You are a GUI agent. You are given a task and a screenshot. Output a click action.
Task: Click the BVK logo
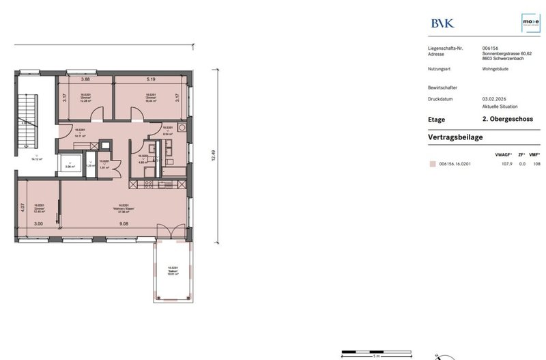[442, 23]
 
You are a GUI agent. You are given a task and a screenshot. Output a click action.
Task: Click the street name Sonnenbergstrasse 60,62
[506, 54]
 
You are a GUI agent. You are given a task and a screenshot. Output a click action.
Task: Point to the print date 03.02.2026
[492, 99]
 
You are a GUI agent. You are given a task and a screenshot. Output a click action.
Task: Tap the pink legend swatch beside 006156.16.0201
[431, 164]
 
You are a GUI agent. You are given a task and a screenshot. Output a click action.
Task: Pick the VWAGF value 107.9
[507, 164]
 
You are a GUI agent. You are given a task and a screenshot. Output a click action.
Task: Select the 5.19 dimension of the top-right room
[149, 80]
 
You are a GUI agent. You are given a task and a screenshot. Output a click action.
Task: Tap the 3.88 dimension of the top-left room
[87, 80]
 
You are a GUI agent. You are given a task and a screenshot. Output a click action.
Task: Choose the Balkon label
[173, 271]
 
